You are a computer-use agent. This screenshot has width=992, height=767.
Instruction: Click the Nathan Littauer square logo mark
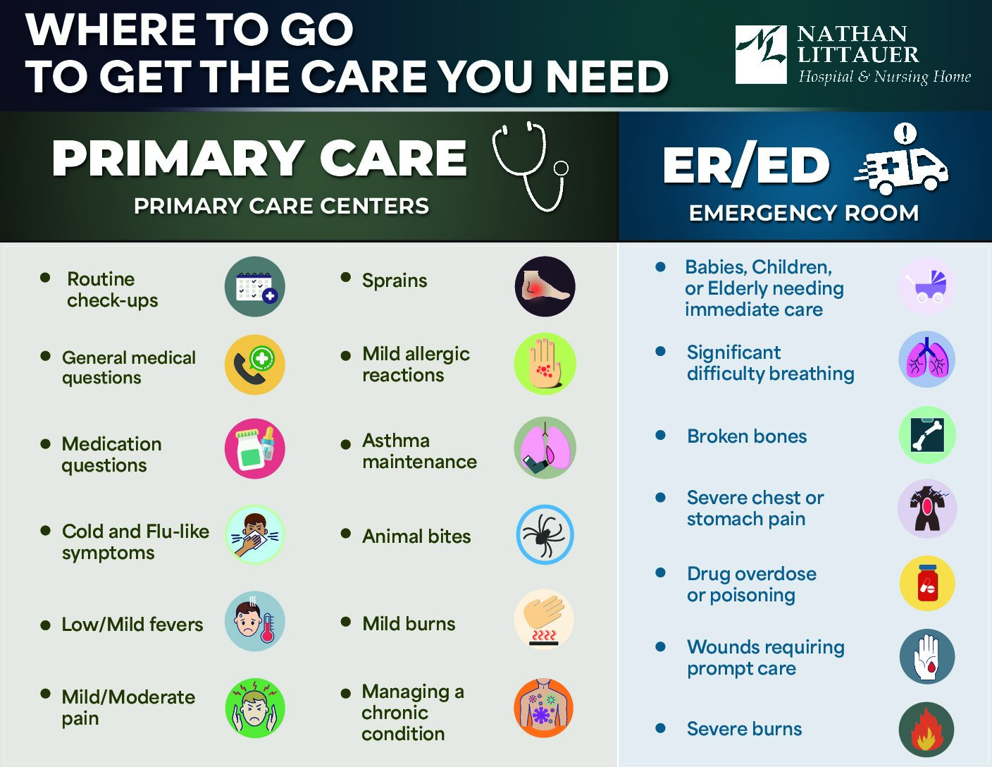pos(760,54)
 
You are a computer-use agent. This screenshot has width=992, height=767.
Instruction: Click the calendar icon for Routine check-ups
pos(255,286)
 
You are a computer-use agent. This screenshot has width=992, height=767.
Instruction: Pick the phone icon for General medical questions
pos(255,364)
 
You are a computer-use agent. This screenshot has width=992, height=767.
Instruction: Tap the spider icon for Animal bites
pos(545,534)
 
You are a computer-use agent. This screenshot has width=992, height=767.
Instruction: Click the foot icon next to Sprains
pos(545,286)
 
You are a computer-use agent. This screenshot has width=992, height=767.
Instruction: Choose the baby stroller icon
pos(926,286)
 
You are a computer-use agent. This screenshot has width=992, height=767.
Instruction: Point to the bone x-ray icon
pos(927,435)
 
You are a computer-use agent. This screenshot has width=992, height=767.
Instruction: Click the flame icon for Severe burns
pos(926,730)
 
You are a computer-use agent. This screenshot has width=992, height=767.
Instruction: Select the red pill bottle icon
pos(927,584)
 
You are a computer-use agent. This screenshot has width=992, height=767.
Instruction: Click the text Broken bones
pos(747,436)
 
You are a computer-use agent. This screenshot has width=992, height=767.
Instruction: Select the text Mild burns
pos(409,624)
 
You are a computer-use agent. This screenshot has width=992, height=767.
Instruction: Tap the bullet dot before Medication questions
pos(45,444)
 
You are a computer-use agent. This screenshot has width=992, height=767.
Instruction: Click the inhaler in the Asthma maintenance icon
pos(535,465)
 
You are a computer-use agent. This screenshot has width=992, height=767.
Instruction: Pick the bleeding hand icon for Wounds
pos(926,656)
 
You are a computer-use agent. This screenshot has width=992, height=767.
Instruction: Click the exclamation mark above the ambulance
pos(905,133)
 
